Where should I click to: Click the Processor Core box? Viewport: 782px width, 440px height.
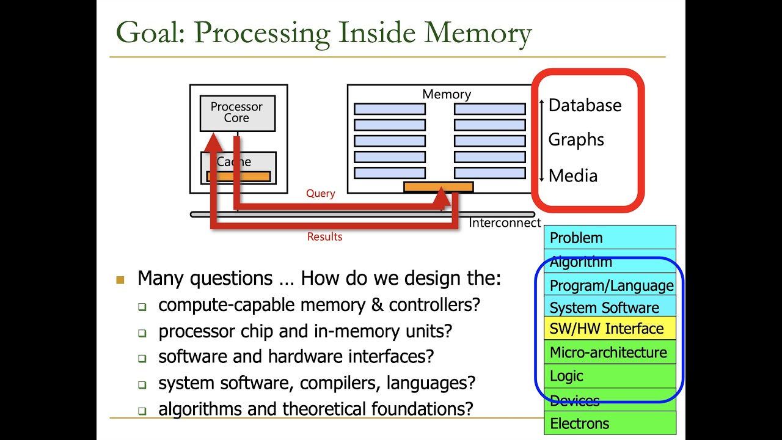(237, 112)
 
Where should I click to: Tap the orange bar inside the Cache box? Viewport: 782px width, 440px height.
(238, 177)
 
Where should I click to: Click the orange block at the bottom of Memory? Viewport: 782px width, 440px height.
(438, 186)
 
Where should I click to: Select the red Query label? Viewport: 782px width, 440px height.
(321, 194)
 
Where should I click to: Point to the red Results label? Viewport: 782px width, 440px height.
(324, 237)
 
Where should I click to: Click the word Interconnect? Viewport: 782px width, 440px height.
(505, 223)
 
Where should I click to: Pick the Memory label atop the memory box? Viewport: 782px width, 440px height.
(447, 94)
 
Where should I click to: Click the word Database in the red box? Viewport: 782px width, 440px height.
(585, 105)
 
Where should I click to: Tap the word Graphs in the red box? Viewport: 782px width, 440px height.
(576, 140)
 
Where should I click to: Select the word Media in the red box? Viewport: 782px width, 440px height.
(573, 176)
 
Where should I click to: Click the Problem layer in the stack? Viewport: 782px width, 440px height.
(610, 238)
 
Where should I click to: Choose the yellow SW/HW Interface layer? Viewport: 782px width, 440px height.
(610, 329)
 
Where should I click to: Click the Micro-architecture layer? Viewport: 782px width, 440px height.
(610, 353)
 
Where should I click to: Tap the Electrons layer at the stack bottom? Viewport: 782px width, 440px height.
(610, 424)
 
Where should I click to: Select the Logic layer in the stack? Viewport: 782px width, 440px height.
(610, 376)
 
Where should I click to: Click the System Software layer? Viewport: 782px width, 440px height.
(610, 307)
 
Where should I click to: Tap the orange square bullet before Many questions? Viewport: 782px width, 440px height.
(120, 280)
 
